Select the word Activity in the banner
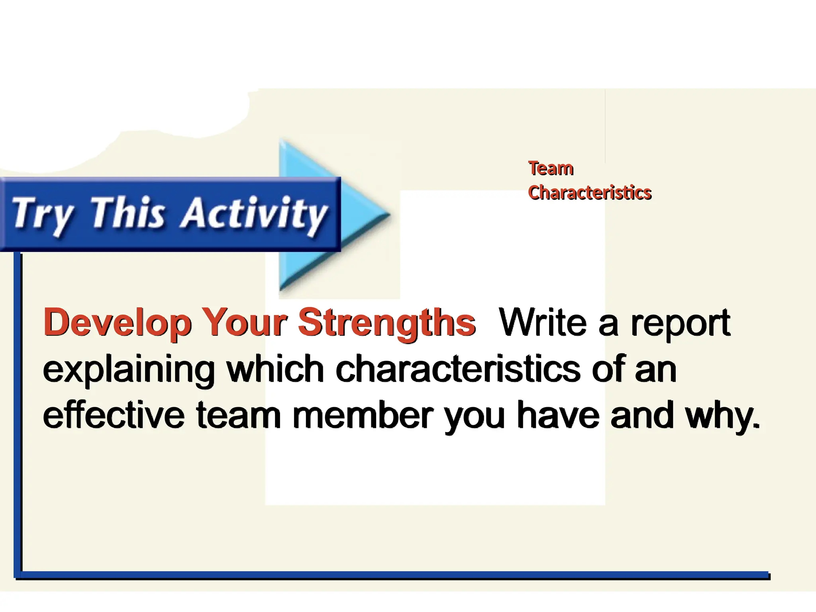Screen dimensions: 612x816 [x=253, y=214]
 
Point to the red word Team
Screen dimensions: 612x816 [x=551, y=168]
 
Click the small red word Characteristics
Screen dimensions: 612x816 [x=589, y=192]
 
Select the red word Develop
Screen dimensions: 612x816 [x=117, y=323]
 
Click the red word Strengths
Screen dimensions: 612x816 [x=386, y=323]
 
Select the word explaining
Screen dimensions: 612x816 [x=129, y=370]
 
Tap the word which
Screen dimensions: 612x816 [x=275, y=369]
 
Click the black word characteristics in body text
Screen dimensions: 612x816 [x=458, y=369]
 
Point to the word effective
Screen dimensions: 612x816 [x=114, y=415]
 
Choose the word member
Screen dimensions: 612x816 [x=363, y=415]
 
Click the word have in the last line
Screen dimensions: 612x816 [x=558, y=415]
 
